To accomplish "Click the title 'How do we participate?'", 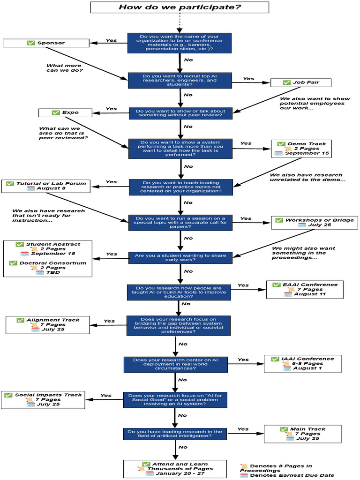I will pyautogui.click(x=180, y=7).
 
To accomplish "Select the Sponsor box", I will pyautogui.click(x=46, y=43).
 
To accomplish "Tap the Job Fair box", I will pyautogui.click(x=301, y=82).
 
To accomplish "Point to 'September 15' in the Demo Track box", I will pyautogui.click(x=307, y=153).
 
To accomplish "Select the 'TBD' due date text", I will pyautogui.click(x=51, y=272).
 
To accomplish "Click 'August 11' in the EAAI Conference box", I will pyautogui.click(x=310, y=294).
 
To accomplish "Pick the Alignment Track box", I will pyautogui.click(x=47, y=324).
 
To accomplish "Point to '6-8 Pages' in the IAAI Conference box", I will pyautogui.click(x=307, y=363).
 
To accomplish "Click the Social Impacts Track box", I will pyautogui.click(x=43, y=399).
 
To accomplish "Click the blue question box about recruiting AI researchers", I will pyautogui.click(x=180, y=80).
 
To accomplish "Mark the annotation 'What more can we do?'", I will pyautogui.click(x=65, y=68).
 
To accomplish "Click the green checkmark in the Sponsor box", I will pyautogui.click(x=31, y=43).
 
